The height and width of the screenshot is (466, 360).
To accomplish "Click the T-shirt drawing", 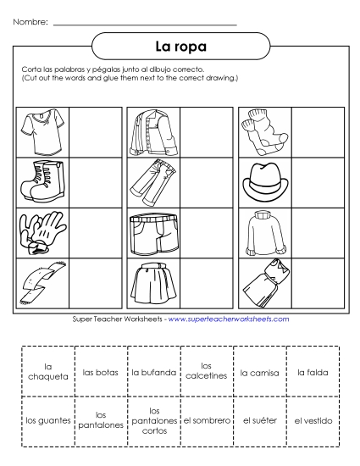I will pyautogui.click(x=42, y=132).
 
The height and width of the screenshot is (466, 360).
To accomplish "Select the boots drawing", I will pyautogui.click(x=42, y=180).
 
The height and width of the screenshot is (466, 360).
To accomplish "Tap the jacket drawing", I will pyautogui.click(x=153, y=132).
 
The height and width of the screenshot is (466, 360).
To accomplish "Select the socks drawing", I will pyautogui.click(x=264, y=132).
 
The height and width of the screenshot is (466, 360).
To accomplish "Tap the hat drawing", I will pyautogui.click(x=264, y=180).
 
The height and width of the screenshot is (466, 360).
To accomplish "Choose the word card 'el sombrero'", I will pyautogui.click(x=207, y=419).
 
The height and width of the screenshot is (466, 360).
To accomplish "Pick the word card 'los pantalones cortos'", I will pyautogui.click(x=153, y=419).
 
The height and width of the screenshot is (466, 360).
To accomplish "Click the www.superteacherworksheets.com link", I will pyautogui.click(x=229, y=319).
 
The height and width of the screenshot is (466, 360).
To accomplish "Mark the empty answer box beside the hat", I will pyautogui.click(x=317, y=181).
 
